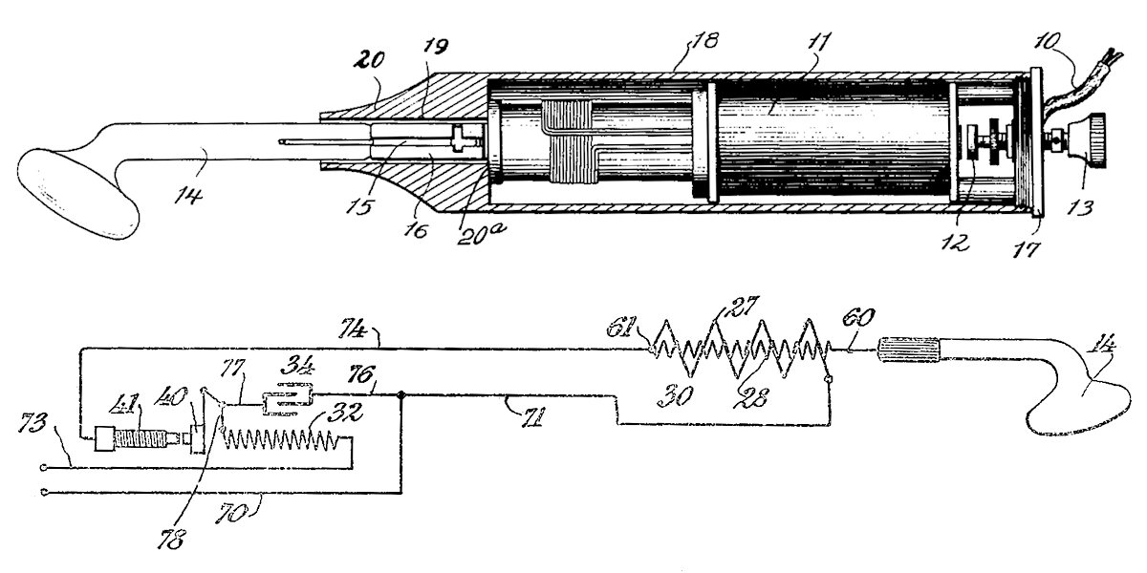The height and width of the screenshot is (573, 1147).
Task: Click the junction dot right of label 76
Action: pyautogui.click(x=402, y=394)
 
